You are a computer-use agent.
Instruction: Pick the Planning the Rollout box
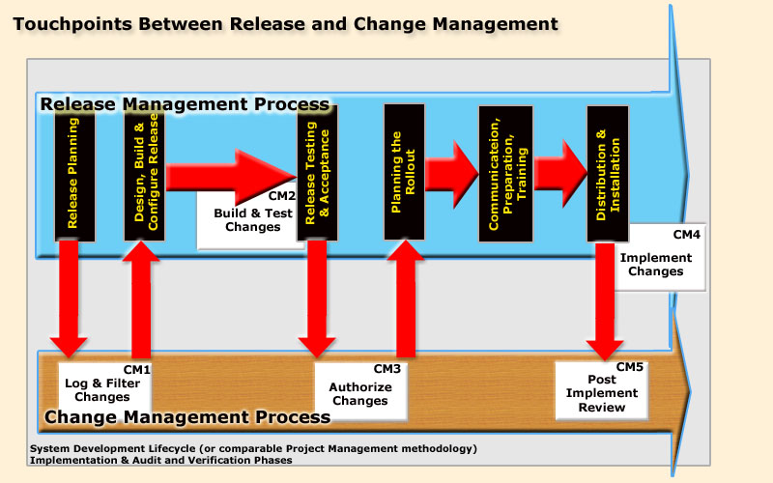pyautogui.click(x=404, y=171)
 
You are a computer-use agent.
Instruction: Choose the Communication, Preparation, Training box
pyautogui.click(x=506, y=173)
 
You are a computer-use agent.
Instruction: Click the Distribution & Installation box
pyautogui.click(x=608, y=173)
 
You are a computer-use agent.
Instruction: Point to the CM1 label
pyautogui.click(x=136, y=369)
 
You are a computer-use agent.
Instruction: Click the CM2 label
pyautogui.click(x=281, y=196)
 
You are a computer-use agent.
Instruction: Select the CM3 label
pyautogui.click(x=386, y=369)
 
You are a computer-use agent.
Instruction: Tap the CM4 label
pyautogui.click(x=687, y=235)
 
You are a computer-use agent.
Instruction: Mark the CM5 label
pyautogui.click(x=630, y=367)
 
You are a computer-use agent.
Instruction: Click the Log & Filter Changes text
pyautogui.click(x=97, y=389)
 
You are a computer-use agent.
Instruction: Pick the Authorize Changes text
pyautogui.click(x=360, y=394)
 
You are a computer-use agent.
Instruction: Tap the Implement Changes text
pyautogui.click(x=656, y=265)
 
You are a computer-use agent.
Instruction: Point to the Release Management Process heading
pyautogui.click(x=184, y=104)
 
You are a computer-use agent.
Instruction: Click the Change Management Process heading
pyautogui.click(x=187, y=417)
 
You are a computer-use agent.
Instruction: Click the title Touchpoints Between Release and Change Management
pyautogui.click(x=285, y=22)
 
